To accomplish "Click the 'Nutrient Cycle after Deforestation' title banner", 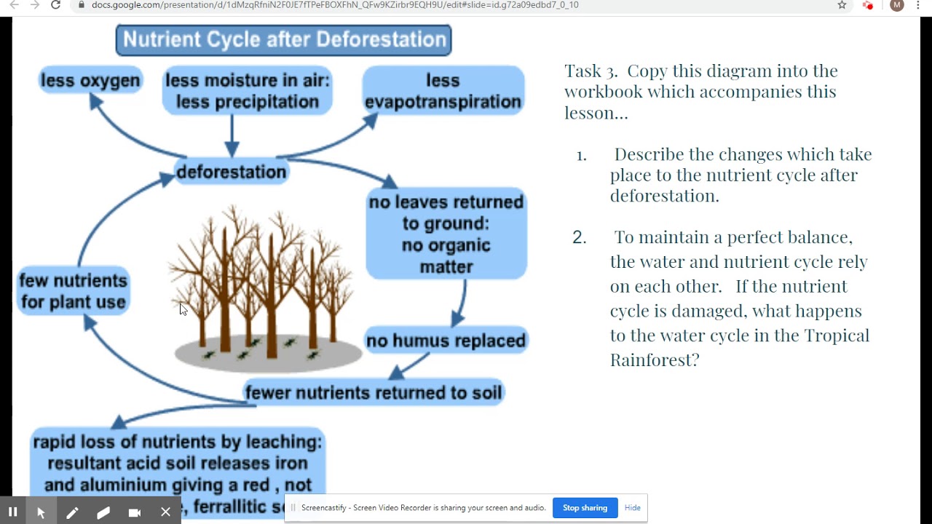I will tap(283, 40).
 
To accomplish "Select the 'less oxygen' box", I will tap(90, 80).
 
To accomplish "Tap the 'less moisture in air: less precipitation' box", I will tap(248, 91).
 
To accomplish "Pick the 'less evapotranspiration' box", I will tap(443, 91).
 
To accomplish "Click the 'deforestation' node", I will tap(232, 172).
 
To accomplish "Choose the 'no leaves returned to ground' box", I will tap(446, 234).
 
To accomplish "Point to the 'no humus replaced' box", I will tap(446, 341).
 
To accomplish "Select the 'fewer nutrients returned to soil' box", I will tap(374, 393).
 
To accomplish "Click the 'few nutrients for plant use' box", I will tap(74, 291).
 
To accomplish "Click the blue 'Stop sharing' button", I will tap(585, 508).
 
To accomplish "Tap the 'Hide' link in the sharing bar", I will tap(632, 508).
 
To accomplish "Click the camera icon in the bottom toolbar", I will tap(134, 512).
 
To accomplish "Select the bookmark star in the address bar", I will tap(842, 5).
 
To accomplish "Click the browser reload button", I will tap(55, 5).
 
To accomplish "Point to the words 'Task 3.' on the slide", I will tap(591, 71).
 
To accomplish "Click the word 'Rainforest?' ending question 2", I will tap(654, 360).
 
